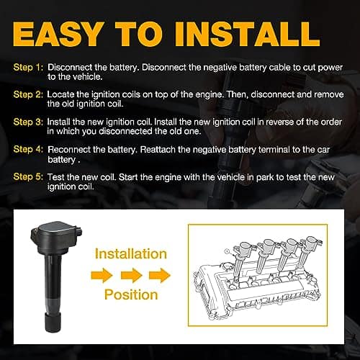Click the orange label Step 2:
[x=27, y=95]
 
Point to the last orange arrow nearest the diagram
[x=161, y=275]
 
